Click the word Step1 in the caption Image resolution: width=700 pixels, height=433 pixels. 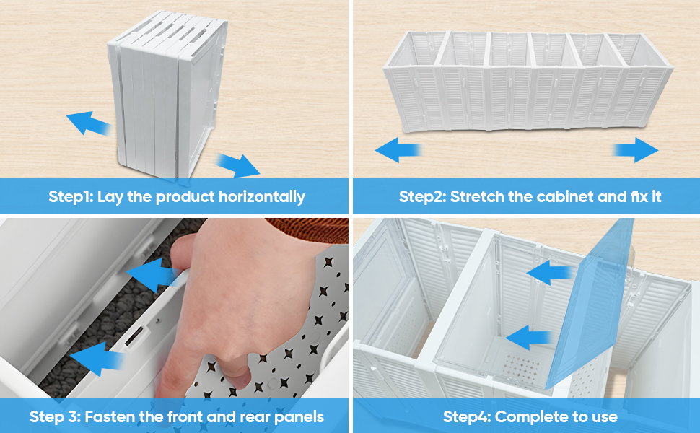click(x=71, y=196)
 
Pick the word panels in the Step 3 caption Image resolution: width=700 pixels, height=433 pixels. click(x=299, y=417)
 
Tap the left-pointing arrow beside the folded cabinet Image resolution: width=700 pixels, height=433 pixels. click(x=88, y=123)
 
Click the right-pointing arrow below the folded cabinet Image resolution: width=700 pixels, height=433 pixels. click(x=238, y=165)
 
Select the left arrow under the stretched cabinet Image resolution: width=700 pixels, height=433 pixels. click(x=398, y=149)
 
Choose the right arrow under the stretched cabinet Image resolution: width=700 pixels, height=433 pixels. click(x=636, y=150)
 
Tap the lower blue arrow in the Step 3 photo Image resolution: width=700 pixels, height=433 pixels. click(x=97, y=359)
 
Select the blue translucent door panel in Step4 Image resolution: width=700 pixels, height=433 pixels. click(x=590, y=304)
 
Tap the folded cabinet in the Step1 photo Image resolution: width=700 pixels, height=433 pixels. click(x=167, y=96)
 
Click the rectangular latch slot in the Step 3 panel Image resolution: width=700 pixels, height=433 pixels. click(x=134, y=336)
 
